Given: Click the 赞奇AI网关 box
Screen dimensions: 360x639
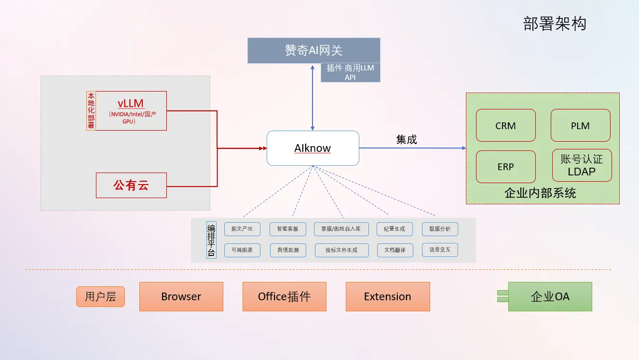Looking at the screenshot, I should pos(313,51).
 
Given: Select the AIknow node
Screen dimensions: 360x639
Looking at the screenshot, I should pos(313,148).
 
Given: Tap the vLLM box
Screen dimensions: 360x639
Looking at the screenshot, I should pos(131,111).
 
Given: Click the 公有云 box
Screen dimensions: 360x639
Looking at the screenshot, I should pos(131,185).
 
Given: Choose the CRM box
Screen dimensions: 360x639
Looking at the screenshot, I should pos(505,125).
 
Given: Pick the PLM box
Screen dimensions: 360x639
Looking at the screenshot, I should pos(580,125).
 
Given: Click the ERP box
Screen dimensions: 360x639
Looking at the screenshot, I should pos(505,167).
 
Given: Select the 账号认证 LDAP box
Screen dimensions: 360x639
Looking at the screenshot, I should pos(581,165).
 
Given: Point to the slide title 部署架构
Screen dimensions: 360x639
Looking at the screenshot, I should pos(555,24).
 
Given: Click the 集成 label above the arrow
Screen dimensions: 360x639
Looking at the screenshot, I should pos(406,140).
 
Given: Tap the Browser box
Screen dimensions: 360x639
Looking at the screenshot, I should pos(181,296).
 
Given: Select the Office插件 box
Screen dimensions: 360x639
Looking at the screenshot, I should pos(284,296).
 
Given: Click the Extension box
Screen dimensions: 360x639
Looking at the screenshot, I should pos(387,296).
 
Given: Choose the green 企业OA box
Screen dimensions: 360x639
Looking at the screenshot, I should pos(550,296).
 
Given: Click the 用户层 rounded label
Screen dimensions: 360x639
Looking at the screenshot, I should pos(100,296).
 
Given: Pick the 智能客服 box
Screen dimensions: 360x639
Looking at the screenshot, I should pos(287,229).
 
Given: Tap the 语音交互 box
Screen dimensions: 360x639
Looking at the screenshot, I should pos(439,250).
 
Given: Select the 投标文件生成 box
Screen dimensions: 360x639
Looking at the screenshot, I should pos(341,250).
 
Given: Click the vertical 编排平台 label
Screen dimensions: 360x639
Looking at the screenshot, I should pos(211,240).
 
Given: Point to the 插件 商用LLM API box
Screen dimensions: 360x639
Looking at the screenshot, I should pos(350,72).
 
